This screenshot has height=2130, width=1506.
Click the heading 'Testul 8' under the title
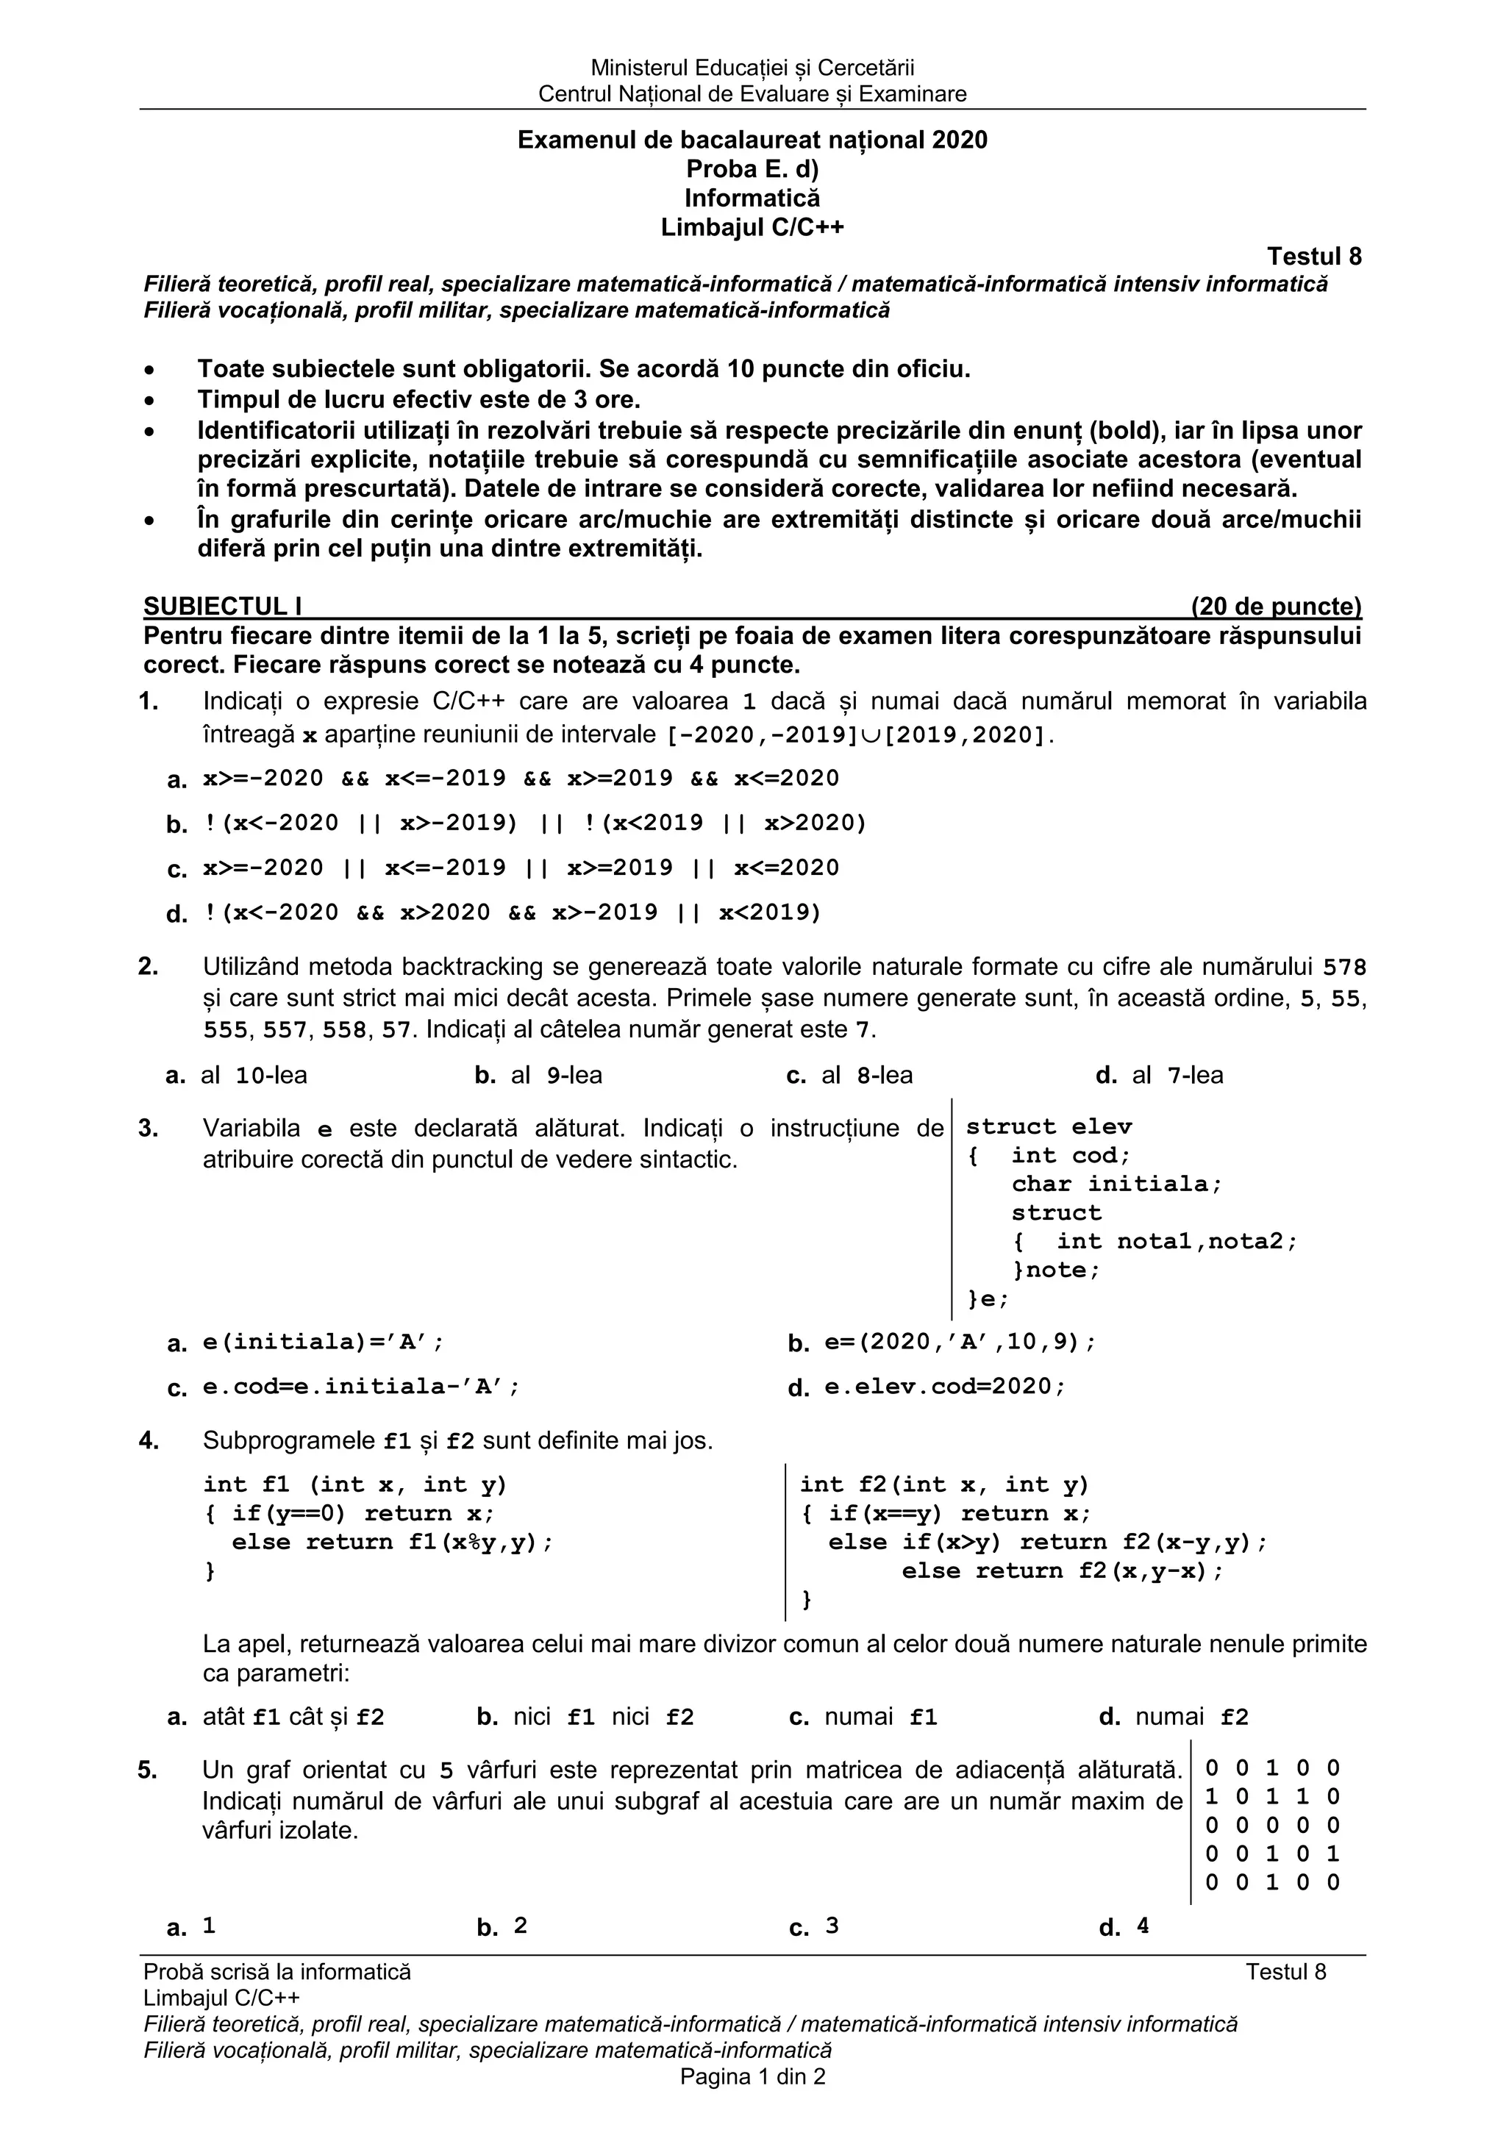click(1314, 256)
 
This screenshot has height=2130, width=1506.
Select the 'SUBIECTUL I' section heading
click(223, 607)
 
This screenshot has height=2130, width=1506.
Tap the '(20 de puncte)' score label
click(1276, 607)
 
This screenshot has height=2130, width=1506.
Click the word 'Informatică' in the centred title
click(752, 198)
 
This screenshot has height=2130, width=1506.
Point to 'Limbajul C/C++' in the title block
click(752, 227)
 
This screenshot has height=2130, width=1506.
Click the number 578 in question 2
click(1344, 968)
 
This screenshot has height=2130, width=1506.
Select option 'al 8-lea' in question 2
click(867, 1075)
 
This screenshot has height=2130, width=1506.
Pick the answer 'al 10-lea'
click(253, 1075)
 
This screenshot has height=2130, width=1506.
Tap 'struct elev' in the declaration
click(1049, 1127)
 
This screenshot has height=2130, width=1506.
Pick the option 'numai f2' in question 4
click(1191, 1718)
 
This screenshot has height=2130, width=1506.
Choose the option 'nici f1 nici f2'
click(603, 1718)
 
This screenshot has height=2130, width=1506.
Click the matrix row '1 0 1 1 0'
click(1272, 1797)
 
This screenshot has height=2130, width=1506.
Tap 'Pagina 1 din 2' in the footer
click(752, 2077)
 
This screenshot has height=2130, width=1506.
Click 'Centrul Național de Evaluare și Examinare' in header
click(752, 93)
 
